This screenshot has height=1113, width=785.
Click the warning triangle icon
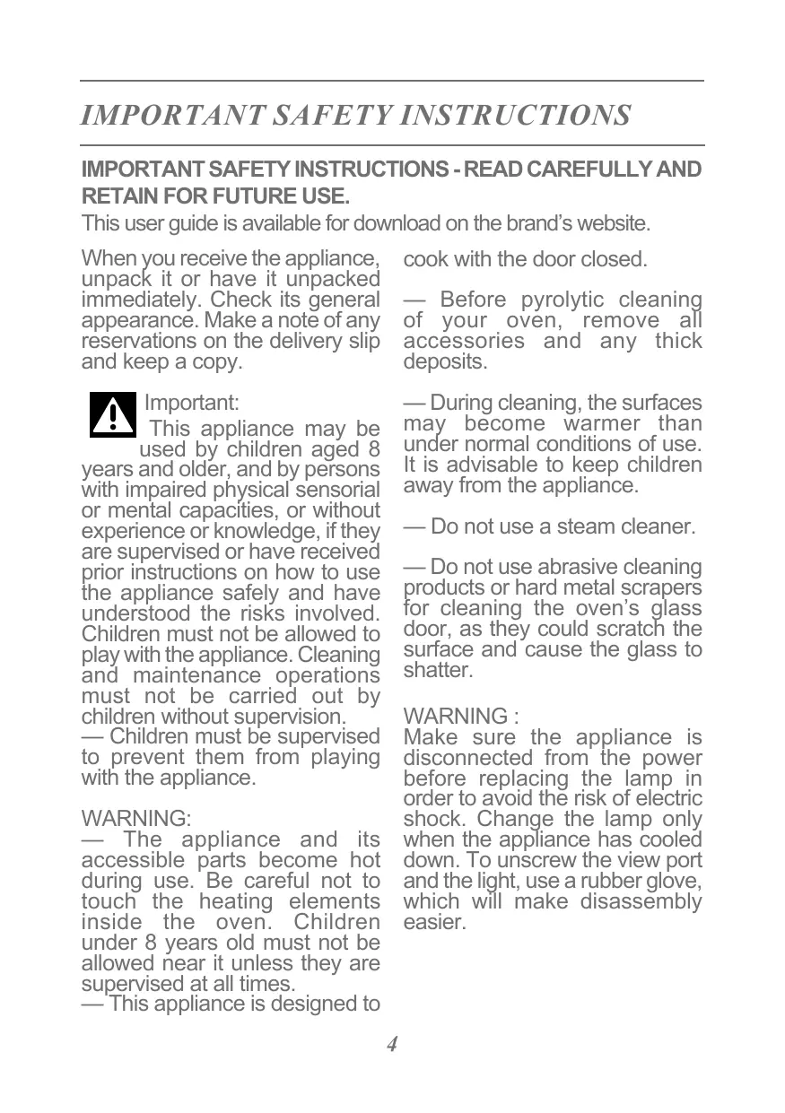(113, 414)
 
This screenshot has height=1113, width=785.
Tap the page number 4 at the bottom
(392, 1044)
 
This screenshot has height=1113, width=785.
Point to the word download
(396, 222)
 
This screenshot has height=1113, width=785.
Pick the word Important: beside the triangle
(191, 403)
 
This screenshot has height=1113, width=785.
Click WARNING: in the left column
(135, 819)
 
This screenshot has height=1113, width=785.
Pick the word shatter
(437, 671)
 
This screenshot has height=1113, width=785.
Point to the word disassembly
(641, 902)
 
